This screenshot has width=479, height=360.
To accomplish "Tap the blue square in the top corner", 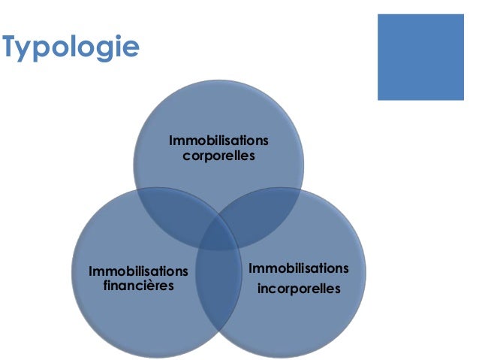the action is click(x=420, y=56).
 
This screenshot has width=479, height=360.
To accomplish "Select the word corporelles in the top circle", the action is click(x=219, y=156).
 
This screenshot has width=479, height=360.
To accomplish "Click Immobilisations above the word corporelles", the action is click(x=218, y=141).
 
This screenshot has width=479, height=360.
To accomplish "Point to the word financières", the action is click(x=138, y=286).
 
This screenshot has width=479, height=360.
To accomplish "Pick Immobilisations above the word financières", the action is click(x=138, y=271).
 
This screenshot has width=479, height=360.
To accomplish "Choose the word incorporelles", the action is click(x=299, y=288).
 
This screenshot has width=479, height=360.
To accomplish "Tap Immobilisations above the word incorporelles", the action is click(x=299, y=268).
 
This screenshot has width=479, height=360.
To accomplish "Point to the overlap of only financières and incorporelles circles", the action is click(x=218, y=289).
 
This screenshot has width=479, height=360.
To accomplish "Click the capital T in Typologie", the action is click(x=10, y=47).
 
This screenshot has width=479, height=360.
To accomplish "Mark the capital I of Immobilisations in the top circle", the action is click(x=172, y=141).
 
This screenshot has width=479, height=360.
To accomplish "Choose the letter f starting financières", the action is click(x=104, y=286).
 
